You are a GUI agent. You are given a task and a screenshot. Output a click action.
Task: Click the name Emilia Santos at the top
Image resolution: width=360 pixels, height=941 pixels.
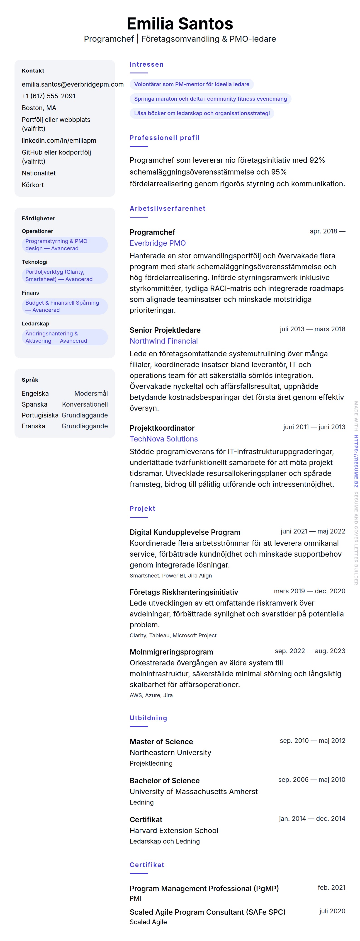180,24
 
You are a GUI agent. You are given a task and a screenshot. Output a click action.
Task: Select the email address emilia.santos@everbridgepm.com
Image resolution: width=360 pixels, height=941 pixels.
72,84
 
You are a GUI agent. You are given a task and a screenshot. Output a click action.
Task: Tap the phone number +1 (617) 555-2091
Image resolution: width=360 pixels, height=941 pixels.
49,96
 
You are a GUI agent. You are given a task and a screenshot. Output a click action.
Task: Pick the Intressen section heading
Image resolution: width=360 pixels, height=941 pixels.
146,65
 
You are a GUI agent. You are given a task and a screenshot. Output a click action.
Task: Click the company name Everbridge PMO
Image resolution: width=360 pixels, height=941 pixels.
158,243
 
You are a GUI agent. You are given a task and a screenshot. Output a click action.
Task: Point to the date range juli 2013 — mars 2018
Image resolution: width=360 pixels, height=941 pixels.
312,329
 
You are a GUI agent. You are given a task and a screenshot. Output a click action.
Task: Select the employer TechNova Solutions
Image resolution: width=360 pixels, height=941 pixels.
163,439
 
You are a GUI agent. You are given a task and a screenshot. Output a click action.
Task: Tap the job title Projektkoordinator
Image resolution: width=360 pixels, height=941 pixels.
162,428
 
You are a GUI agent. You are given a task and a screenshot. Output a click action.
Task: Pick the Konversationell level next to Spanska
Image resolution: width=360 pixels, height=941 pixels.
85,404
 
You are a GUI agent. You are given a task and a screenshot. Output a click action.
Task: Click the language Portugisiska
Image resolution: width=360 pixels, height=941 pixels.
40,415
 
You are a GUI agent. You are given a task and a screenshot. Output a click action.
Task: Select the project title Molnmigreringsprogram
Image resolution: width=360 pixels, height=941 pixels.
171,652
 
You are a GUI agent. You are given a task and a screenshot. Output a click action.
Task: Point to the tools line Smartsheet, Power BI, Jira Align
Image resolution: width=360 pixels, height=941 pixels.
171,576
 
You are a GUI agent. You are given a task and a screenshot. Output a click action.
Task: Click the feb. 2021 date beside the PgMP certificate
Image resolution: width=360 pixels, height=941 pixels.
331,888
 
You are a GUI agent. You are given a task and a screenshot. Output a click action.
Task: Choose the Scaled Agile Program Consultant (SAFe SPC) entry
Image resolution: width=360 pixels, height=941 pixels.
207,912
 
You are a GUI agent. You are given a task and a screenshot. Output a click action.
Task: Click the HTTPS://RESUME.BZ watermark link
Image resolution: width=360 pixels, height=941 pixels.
356,461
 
